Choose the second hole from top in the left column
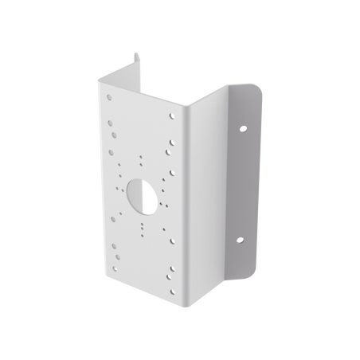point(109,135)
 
